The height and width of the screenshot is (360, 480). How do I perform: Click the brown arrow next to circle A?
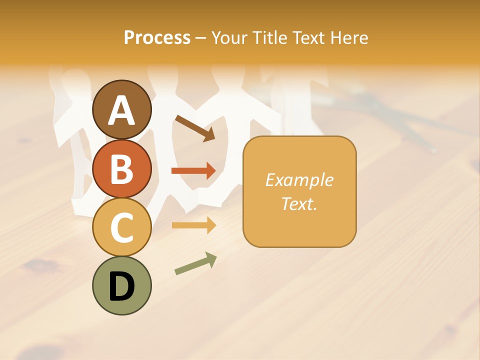click(x=195, y=127)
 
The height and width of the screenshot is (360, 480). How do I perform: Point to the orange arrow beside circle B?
click(x=193, y=171)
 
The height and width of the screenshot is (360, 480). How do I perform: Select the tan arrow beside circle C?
click(x=193, y=225)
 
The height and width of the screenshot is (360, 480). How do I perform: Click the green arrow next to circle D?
click(x=195, y=263)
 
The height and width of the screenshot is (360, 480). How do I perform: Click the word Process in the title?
click(x=157, y=37)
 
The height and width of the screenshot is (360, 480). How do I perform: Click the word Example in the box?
click(x=299, y=180)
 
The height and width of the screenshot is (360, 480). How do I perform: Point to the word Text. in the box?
click(x=299, y=203)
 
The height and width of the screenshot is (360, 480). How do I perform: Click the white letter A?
click(x=121, y=110)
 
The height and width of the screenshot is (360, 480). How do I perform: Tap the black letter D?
click(x=121, y=286)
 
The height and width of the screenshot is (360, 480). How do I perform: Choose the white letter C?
click(x=121, y=227)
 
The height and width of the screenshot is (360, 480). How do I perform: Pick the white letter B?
click(x=121, y=169)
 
